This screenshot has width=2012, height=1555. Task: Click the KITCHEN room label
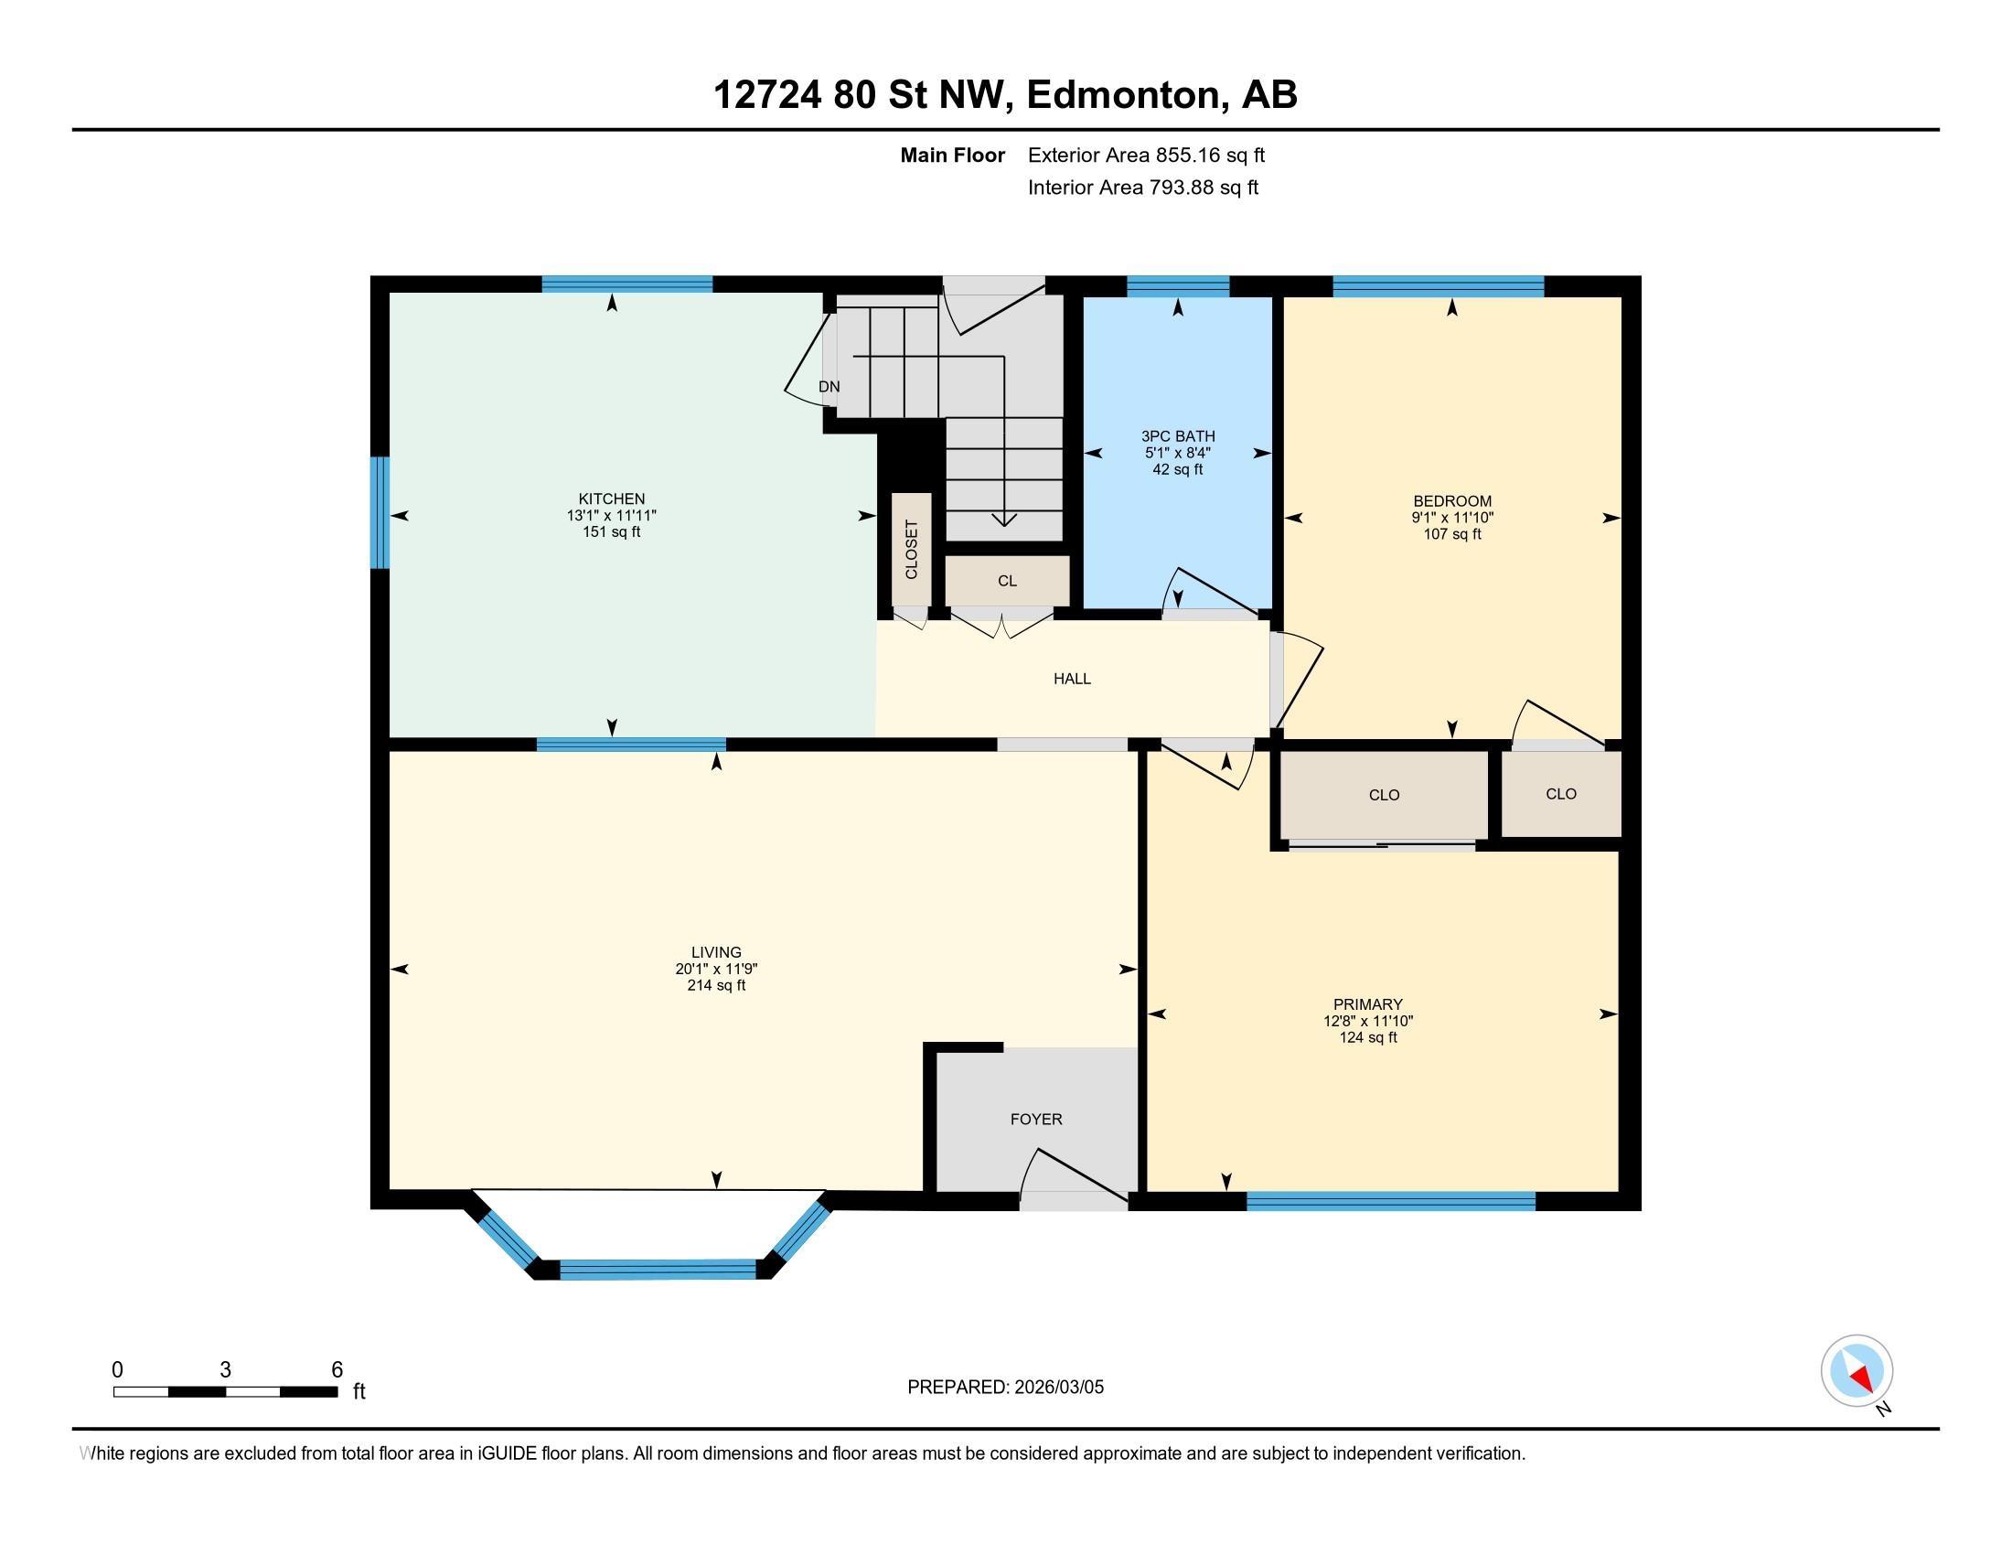click(x=611, y=499)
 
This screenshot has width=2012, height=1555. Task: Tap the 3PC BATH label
click(x=1177, y=436)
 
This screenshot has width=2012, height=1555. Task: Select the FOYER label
click(x=1035, y=1120)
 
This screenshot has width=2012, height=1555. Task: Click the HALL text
click(x=1072, y=679)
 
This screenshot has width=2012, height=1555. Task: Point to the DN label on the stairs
click(x=829, y=387)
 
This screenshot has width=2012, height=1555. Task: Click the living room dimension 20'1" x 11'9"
click(x=716, y=969)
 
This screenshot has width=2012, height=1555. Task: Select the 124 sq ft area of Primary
click(x=1367, y=1038)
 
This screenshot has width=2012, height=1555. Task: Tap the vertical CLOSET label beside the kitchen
click(x=911, y=550)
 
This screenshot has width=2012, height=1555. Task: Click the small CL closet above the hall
click(x=1007, y=581)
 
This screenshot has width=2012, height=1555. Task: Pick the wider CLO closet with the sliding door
click(x=1384, y=795)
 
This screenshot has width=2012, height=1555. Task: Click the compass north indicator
click(x=1857, y=1371)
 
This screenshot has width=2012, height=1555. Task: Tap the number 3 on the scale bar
click(x=225, y=1370)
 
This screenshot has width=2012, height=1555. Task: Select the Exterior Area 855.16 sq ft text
click(x=1146, y=155)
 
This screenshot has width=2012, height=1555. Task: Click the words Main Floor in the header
click(x=952, y=155)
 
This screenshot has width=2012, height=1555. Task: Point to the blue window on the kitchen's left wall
click(x=380, y=513)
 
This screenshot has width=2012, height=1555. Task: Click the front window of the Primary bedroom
click(x=1390, y=1201)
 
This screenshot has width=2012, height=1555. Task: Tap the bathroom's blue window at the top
click(x=1177, y=285)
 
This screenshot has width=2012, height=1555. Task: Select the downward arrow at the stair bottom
click(x=1003, y=520)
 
